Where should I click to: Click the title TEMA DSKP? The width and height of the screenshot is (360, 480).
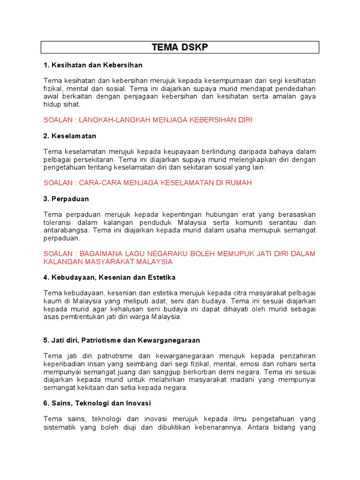(x=180, y=47)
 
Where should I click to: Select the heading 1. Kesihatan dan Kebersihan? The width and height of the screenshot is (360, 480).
(x=92, y=65)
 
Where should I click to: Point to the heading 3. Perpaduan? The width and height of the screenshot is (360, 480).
(x=66, y=199)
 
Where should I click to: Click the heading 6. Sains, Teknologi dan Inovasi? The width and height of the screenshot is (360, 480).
(x=97, y=403)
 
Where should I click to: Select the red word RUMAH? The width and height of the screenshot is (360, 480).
(x=239, y=183)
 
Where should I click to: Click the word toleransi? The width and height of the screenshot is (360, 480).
(x=59, y=223)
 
